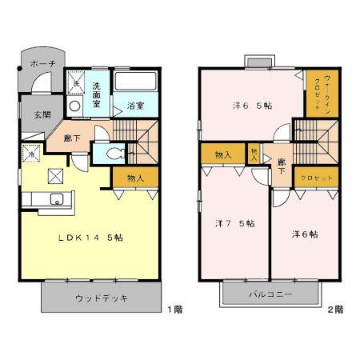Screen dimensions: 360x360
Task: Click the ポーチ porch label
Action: tap(42, 62)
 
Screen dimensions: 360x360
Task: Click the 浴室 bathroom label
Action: tap(134, 105)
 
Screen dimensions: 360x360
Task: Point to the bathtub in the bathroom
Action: tap(135, 82)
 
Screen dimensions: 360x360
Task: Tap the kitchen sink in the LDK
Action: tap(56, 200)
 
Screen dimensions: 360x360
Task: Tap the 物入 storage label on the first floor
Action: tap(135, 177)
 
